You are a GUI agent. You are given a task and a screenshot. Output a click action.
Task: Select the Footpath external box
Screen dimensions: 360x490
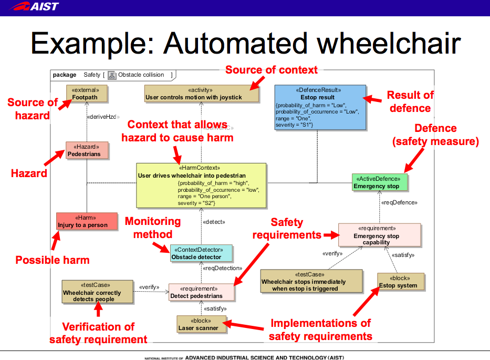87,94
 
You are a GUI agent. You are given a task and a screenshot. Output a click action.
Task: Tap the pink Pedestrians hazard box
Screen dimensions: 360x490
87,150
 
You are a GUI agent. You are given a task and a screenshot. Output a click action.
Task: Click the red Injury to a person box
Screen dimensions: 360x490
87,221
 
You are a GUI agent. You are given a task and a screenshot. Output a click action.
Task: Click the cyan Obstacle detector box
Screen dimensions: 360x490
201,253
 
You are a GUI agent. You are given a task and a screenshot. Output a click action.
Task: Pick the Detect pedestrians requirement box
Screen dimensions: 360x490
201,292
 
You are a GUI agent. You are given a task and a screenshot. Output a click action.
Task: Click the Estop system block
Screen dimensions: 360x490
401,282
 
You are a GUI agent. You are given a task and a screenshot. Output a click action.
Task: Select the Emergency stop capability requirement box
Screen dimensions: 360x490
379,235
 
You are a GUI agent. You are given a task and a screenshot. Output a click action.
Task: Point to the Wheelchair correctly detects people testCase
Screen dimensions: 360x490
97,292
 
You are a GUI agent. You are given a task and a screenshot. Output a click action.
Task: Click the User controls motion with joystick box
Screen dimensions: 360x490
201,94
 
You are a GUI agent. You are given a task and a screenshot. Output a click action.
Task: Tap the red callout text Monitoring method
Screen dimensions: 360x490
152,227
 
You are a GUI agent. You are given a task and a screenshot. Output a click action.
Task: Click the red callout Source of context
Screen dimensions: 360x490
271,70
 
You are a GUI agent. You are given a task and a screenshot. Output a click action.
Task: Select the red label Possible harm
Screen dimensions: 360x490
53,260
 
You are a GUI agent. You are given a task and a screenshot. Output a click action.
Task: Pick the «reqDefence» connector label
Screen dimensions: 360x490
399,202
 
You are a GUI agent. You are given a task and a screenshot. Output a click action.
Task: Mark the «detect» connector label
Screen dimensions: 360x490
214,222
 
